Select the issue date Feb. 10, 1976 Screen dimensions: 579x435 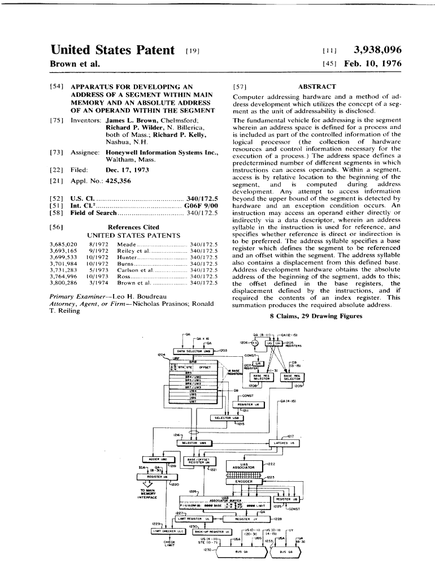click(371, 64)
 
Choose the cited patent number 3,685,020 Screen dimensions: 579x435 click(63, 243)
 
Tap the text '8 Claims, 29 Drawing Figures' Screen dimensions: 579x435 click(316, 316)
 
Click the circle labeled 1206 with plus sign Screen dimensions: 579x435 click(254, 343)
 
